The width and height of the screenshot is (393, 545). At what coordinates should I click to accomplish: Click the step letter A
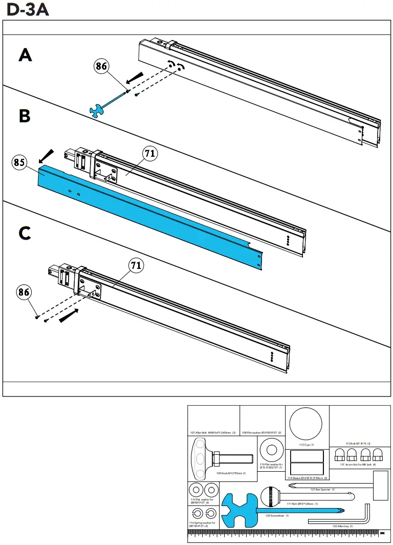click(25, 55)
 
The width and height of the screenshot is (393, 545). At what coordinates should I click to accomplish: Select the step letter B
click(25, 116)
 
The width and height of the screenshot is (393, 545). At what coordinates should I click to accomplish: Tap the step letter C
click(25, 233)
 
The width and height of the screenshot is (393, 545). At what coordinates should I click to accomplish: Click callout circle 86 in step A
click(101, 66)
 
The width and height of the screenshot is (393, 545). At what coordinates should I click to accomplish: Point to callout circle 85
click(19, 163)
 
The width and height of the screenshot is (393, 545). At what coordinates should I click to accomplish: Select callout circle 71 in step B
click(150, 153)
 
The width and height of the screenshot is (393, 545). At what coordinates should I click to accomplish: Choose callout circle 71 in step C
click(135, 265)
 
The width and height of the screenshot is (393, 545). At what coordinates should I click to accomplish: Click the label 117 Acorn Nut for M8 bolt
click(358, 465)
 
